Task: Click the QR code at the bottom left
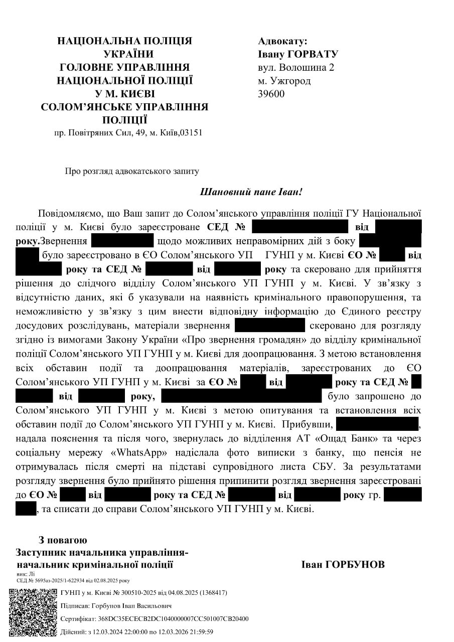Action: click(33, 612)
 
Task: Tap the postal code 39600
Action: click(271, 93)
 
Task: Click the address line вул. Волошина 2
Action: click(296, 67)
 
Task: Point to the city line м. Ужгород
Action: click(284, 80)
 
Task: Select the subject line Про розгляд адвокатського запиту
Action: click(132, 171)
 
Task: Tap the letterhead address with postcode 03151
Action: click(128, 133)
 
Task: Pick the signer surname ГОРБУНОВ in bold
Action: click(343, 565)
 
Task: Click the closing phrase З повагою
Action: click(63, 540)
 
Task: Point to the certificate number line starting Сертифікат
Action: click(155, 619)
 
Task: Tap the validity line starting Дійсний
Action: click(137, 632)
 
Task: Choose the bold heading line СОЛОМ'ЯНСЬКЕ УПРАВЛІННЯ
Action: click(124, 106)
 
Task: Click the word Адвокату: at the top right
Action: click(282, 41)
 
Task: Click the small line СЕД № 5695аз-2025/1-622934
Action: click(73, 580)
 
